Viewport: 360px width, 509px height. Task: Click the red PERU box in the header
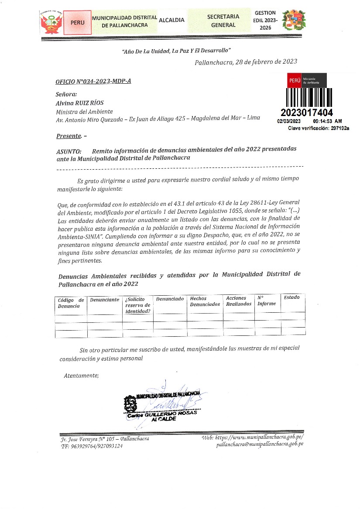(77, 22)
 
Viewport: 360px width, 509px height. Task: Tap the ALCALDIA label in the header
(171, 20)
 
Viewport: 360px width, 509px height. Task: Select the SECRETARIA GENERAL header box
(223, 20)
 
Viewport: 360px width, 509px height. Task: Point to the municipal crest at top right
(294, 21)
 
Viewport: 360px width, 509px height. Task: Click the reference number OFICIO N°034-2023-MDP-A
(93, 82)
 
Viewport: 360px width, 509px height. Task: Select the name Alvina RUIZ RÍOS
(79, 103)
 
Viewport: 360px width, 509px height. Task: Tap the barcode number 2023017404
(307, 113)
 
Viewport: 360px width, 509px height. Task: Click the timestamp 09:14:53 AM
(327, 121)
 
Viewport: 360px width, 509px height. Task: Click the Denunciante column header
(104, 300)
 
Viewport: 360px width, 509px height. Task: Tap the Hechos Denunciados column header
(205, 301)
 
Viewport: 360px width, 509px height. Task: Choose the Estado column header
(291, 297)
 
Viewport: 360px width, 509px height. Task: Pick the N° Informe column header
(266, 301)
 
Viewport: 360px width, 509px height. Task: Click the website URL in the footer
(254, 437)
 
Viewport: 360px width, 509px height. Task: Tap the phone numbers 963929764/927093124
(92, 446)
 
